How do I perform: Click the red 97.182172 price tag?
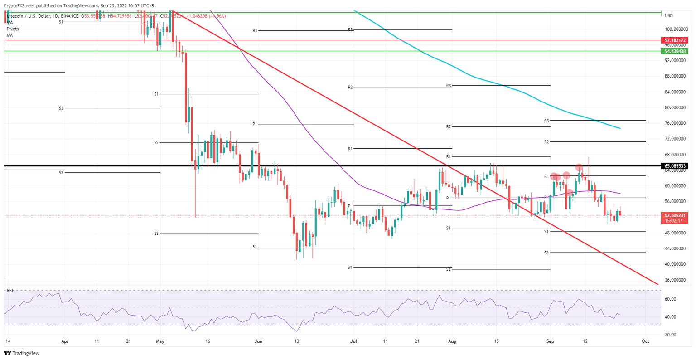pyautogui.click(x=676, y=40)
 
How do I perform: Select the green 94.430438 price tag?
pyautogui.click(x=676, y=52)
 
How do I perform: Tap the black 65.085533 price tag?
pyautogui.click(x=676, y=166)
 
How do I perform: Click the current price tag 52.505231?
pyautogui.click(x=676, y=215)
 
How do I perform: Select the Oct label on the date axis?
pyautogui.click(x=646, y=341)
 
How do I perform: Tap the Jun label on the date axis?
pyautogui.click(x=258, y=341)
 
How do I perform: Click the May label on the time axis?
pyautogui.click(x=159, y=341)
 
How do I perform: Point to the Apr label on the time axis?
pyautogui.click(x=65, y=341)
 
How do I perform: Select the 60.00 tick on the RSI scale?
pyautogui.click(x=670, y=299)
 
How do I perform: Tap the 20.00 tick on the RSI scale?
pyautogui.click(x=670, y=335)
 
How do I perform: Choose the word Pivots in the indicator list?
pyautogui.click(x=13, y=29)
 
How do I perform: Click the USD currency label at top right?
pyautogui.click(x=668, y=16)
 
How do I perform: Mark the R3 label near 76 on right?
pyautogui.click(x=546, y=121)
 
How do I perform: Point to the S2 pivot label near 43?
pyautogui.click(x=546, y=253)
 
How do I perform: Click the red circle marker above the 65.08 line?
pyautogui.click(x=579, y=167)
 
